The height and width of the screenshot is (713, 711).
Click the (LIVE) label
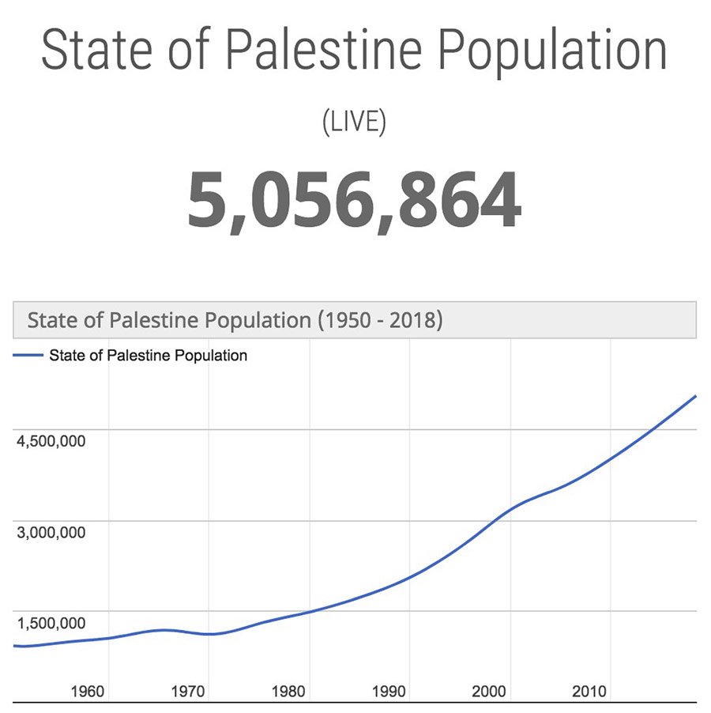coord(355,123)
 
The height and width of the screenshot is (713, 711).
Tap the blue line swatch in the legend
coord(28,356)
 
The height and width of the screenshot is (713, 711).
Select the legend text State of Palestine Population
coord(148,356)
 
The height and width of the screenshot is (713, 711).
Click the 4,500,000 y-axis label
coord(51,442)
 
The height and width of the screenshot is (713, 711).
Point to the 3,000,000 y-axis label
coord(51,532)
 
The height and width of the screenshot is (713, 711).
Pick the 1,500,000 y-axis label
coord(51,623)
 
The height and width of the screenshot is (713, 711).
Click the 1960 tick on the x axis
coord(87,692)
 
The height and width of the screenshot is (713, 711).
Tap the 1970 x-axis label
coord(187,692)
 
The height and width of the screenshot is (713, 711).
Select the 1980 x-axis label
coord(288,692)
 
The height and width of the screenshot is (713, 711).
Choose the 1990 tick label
coord(388,692)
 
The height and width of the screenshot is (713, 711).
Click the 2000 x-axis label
coord(489,692)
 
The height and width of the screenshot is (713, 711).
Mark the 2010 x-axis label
coord(589,692)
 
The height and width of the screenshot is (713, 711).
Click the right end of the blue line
coord(695,396)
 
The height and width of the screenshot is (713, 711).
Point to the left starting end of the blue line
coord(15,646)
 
